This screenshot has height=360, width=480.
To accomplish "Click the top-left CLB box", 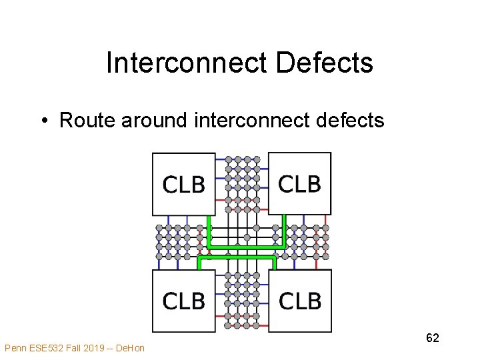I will coord(184,185).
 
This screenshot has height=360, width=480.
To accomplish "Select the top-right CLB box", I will coord(299,183).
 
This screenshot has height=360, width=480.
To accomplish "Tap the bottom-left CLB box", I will coord(184,301).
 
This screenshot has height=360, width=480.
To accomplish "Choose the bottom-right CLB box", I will coord(299,301).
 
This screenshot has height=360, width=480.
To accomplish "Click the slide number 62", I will coord(432,338).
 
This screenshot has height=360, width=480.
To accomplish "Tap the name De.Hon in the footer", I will coord(130,348).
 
